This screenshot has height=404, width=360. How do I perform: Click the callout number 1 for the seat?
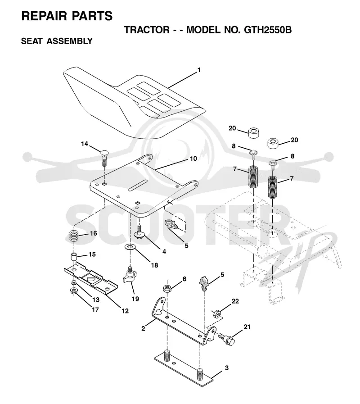click(x=199, y=70)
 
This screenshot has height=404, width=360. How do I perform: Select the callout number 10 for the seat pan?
click(x=193, y=159)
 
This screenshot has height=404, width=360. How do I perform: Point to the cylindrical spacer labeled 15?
click(x=74, y=257)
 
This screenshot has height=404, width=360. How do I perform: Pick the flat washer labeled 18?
click(x=130, y=247)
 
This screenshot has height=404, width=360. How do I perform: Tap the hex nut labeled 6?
click(x=167, y=288)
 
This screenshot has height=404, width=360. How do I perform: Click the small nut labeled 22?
click(x=216, y=313)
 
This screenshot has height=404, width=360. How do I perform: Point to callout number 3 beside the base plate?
click(x=227, y=368)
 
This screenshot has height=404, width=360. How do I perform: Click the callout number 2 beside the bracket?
click(x=143, y=328)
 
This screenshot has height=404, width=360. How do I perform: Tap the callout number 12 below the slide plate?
click(x=125, y=311)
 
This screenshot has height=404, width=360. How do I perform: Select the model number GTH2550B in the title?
click(x=268, y=30)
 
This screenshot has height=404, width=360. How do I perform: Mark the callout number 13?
click(x=96, y=300)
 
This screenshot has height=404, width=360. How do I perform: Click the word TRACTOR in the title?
click(x=147, y=30)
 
